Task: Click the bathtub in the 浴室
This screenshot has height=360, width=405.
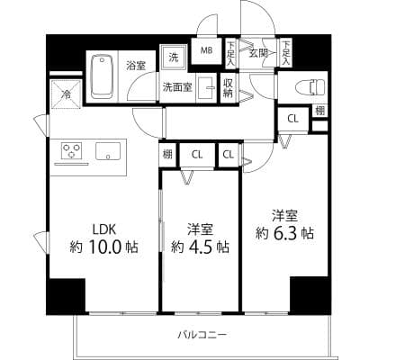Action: pyautogui.click(x=103, y=76)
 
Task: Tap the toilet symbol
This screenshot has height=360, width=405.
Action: pyautogui.click(x=310, y=87)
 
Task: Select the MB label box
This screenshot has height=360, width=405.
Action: pyautogui.click(x=206, y=50)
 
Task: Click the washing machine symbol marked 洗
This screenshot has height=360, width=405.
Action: pyautogui.click(x=174, y=58)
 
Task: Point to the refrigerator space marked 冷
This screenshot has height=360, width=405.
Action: pyautogui.click(x=66, y=94)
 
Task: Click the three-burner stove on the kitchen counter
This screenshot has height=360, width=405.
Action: pyautogui.click(x=71, y=150)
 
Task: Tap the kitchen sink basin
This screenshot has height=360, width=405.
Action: pyautogui.click(x=108, y=151)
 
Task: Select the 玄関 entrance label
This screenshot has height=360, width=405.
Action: pyautogui.click(x=258, y=53)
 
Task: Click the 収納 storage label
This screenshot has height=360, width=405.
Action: pyautogui.click(x=228, y=88)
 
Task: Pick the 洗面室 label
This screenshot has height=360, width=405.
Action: pyautogui.click(x=177, y=87)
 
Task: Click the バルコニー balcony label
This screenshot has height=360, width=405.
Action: pyautogui.click(x=202, y=334)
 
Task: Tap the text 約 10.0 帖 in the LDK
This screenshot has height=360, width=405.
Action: pyautogui.click(x=103, y=247)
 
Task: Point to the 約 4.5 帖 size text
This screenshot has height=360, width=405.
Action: pyautogui.click(x=200, y=247)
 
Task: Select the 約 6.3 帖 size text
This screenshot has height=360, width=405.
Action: pyautogui.click(x=284, y=232)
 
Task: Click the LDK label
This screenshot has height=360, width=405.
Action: pyautogui.click(x=103, y=230)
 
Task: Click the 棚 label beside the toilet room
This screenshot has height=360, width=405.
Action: pyautogui.click(x=319, y=111)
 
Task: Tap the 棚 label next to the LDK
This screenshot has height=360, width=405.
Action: pyautogui.click(x=167, y=154)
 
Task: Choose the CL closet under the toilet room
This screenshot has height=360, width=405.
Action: pyautogui.click(x=293, y=119)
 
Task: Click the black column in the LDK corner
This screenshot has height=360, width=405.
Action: pyautogui.click(x=66, y=296)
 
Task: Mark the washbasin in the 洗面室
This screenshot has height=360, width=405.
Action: pyautogui.click(x=206, y=87)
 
